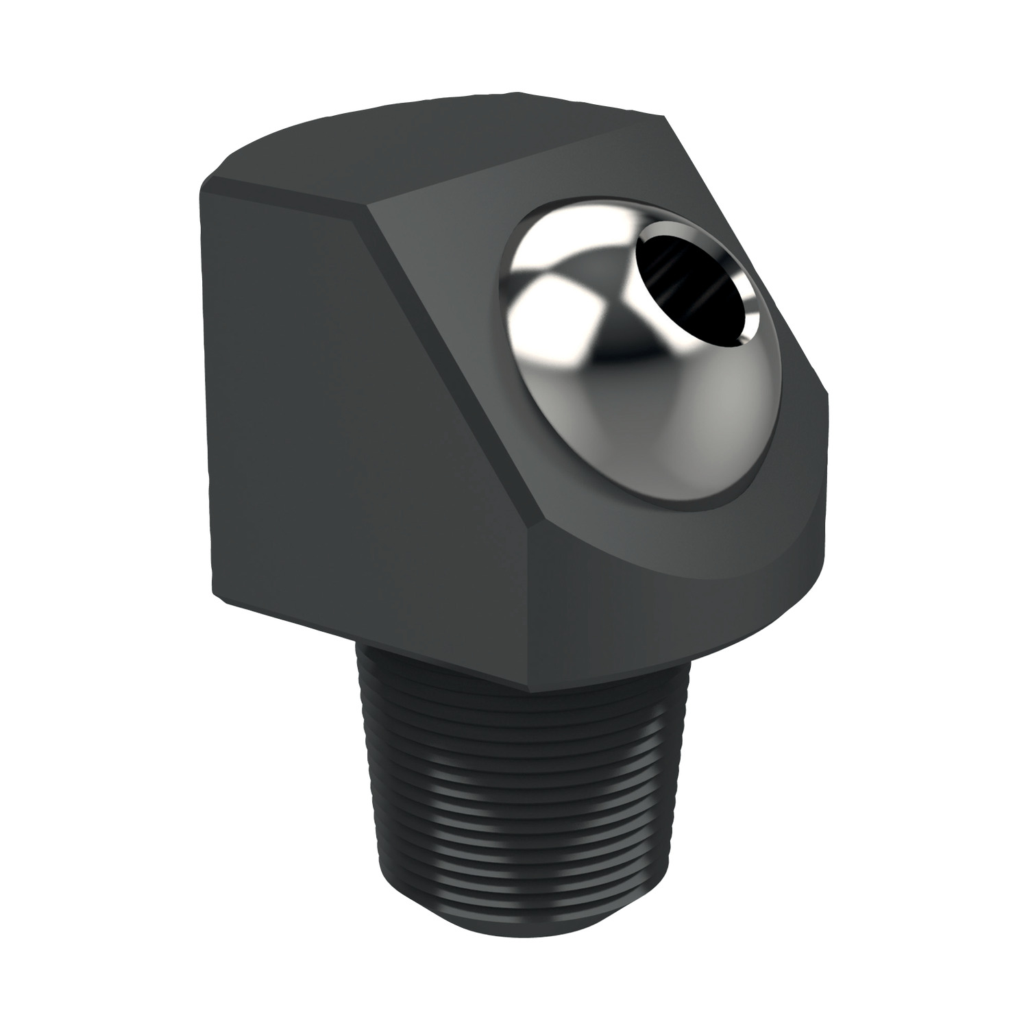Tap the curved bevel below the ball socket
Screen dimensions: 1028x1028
tap(685, 555)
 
